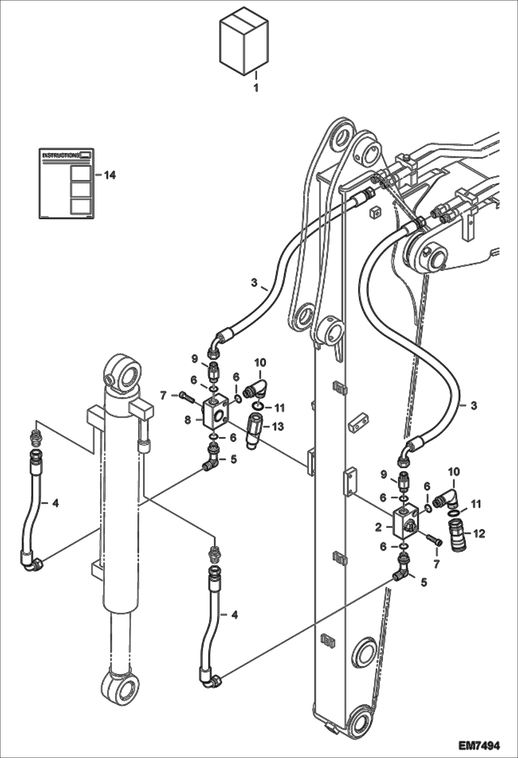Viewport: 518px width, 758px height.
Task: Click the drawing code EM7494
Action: point(479,744)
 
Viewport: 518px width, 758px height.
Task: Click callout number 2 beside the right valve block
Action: point(378,528)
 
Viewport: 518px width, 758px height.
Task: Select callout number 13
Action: point(278,427)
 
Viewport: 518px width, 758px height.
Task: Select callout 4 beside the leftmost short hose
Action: point(55,503)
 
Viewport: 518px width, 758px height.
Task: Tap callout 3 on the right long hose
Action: point(474,405)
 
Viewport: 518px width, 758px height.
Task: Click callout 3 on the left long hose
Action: point(254,283)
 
